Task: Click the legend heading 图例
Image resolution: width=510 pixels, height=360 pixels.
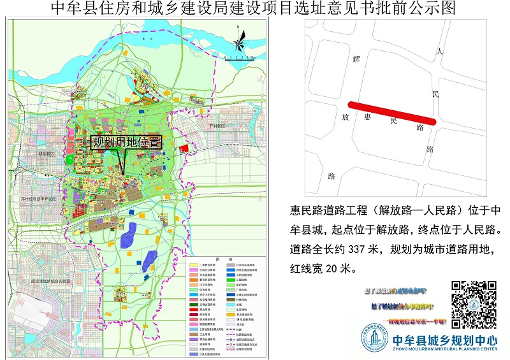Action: click(x=219, y=260)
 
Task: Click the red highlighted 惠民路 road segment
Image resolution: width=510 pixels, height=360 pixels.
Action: click(x=391, y=112)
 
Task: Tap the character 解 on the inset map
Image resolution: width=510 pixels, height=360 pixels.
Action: click(x=356, y=59)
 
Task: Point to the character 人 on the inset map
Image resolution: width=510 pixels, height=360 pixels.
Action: click(x=439, y=50)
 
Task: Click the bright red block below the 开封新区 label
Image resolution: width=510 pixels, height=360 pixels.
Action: click(x=185, y=148)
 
